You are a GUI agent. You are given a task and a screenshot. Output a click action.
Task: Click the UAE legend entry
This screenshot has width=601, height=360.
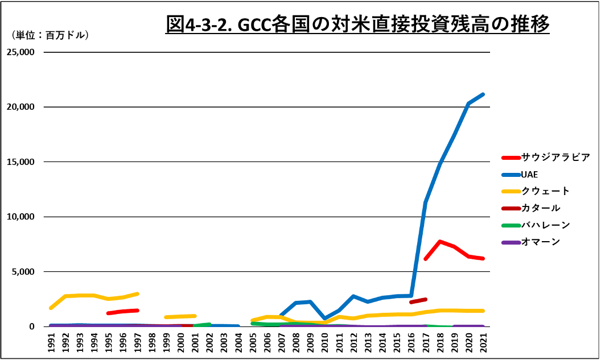tap(529, 174)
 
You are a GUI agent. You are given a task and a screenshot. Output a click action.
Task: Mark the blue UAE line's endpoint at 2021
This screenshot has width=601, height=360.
tap(483, 94)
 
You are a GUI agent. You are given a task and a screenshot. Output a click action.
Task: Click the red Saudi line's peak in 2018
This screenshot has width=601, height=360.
tap(440, 242)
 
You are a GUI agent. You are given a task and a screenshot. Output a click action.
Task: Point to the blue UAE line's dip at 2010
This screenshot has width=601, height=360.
tap(324, 318)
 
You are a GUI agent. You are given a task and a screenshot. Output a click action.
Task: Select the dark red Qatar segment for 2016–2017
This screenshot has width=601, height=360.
tap(418, 301)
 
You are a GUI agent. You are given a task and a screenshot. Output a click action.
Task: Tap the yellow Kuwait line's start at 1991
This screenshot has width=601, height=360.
tap(52, 308)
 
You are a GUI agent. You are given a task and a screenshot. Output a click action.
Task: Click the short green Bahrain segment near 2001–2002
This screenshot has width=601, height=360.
tap(203, 325)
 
